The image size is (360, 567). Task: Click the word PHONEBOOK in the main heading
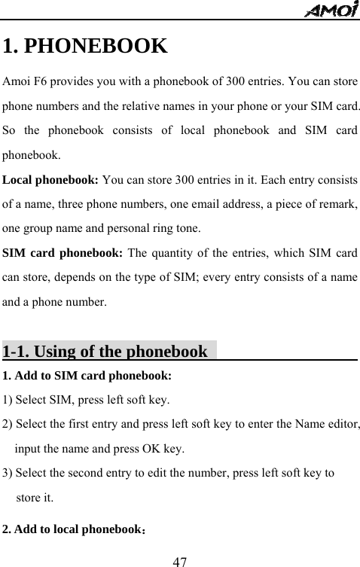click(x=96, y=47)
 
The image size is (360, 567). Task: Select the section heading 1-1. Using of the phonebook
click(x=105, y=351)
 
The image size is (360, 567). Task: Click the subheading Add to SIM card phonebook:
click(x=93, y=374)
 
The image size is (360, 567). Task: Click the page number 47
click(x=180, y=559)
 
